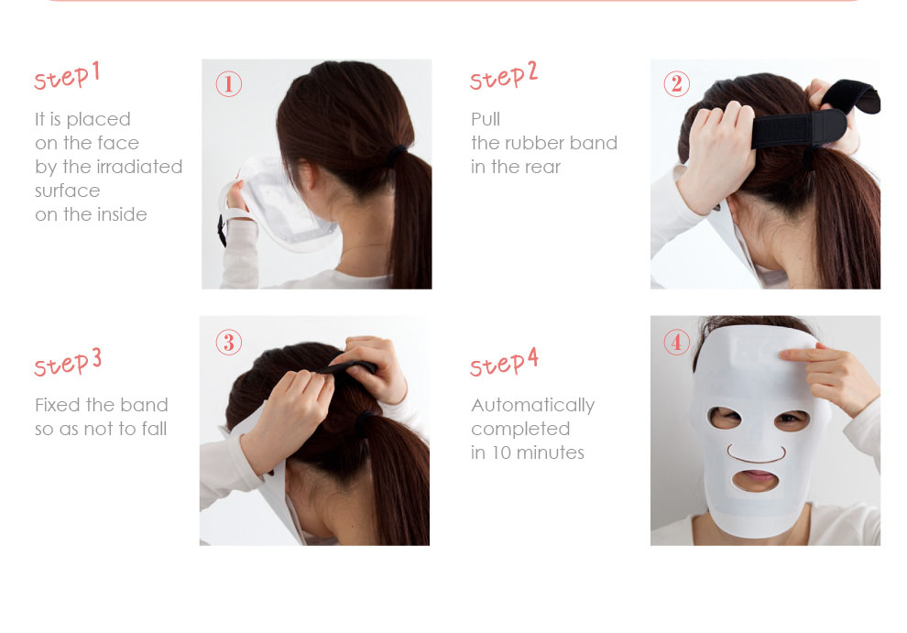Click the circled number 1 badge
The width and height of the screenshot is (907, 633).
click(x=228, y=84)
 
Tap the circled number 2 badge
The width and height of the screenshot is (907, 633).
click(x=677, y=84)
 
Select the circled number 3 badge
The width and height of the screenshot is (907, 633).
click(x=228, y=342)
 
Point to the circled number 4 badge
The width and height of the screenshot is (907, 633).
click(x=677, y=342)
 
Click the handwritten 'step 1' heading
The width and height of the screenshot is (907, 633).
click(x=67, y=76)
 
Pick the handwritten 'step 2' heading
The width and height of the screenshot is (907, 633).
click(x=504, y=76)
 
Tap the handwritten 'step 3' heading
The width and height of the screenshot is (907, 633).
click(x=68, y=363)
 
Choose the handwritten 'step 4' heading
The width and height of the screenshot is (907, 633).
click(x=504, y=363)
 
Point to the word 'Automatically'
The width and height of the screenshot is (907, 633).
click(x=532, y=406)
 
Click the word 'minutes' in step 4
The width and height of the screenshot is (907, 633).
click(x=550, y=453)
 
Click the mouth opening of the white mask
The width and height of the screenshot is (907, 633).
click(x=755, y=480)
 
